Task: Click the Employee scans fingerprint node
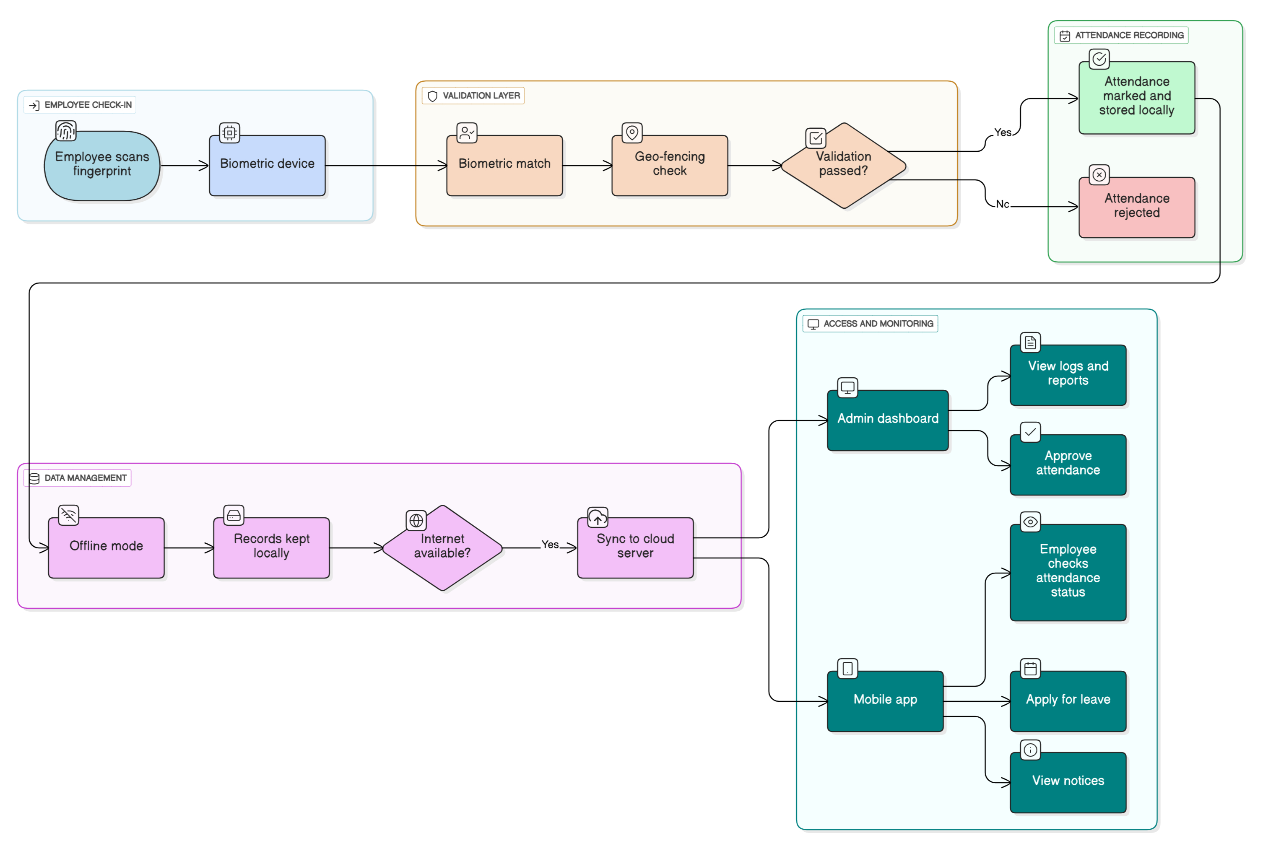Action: (x=101, y=165)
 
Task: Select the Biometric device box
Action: (x=267, y=165)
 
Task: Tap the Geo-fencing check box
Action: (x=669, y=165)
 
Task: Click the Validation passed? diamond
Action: (x=843, y=165)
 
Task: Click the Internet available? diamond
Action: (x=442, y=547)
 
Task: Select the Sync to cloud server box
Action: (x=635, y=547)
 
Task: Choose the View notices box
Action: (x=1068, y=781)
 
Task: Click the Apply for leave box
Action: (x=1068, y=701)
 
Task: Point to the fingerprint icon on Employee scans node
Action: (x=66, y=131)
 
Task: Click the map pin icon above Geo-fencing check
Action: (x=632, y=132)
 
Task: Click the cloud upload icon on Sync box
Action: (x=597, y=517)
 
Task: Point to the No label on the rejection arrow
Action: (x=1002, y=204)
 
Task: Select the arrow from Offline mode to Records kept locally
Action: (x=188, y=547)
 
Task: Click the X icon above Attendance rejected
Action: (x=1099, y=175)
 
